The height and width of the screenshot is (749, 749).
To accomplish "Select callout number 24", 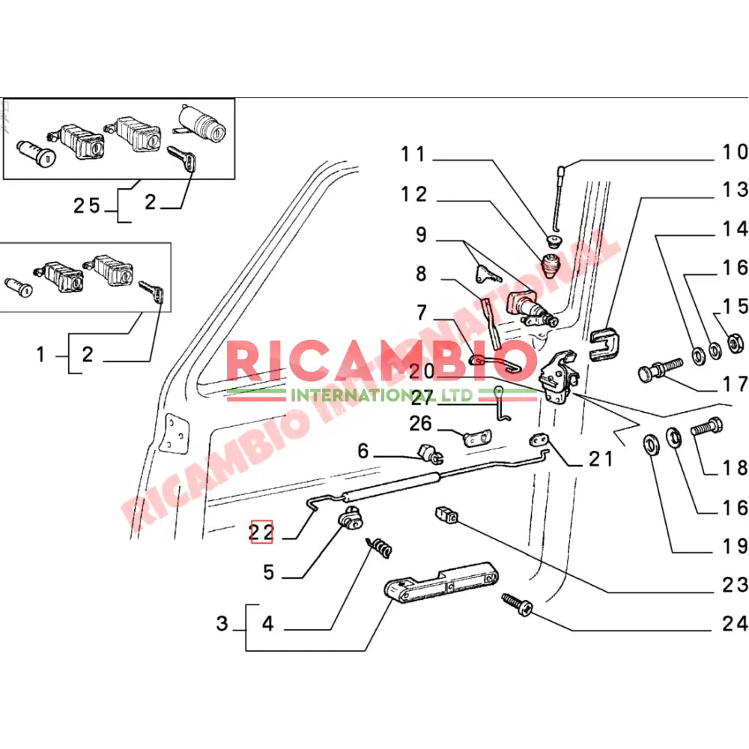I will (x=735, y=623).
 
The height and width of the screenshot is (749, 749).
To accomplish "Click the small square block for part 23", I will (x=446, y=515).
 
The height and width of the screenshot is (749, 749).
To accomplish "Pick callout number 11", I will (x=413, y=154).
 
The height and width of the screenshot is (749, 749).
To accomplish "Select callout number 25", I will (x=88, y=205).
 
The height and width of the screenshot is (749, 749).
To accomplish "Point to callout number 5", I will (x=268, y=573).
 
